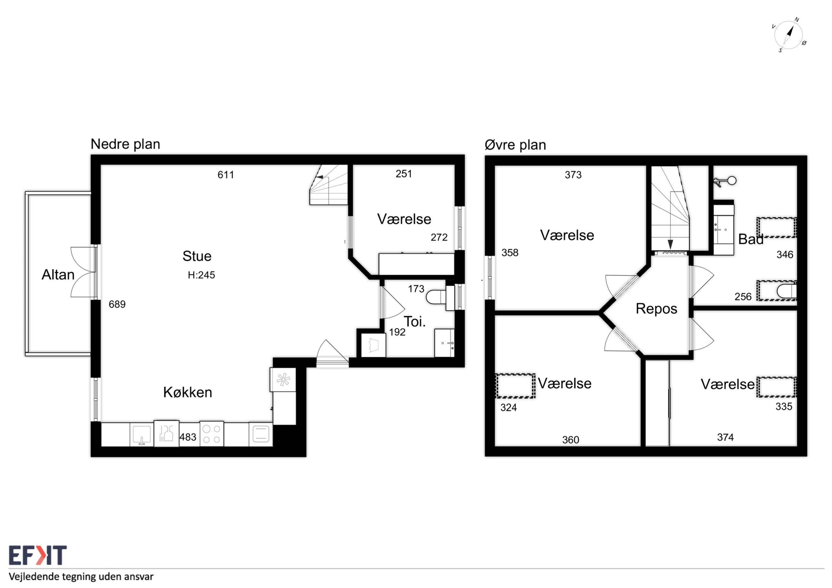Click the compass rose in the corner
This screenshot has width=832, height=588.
coord(788,35)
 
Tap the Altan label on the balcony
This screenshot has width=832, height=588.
coord(58,274)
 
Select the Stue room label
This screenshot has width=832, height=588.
coord(197,256)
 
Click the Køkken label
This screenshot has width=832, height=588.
coord(187,392)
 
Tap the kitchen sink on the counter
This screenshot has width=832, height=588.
coord(142,434)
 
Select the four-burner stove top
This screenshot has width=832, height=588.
coord(212,434)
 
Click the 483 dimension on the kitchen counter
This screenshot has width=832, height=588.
coord(188,437)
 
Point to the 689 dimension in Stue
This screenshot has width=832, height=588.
coord(117,304)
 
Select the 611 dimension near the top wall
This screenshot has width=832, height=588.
coord(226,175)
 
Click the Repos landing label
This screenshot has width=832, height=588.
coord(656,309)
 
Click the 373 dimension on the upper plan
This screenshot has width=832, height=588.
coord(573,175)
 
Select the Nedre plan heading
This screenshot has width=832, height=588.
coord(125,144)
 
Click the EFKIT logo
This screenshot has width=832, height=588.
coord(38,555)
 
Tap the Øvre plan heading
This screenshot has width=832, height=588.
coord(515,145)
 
